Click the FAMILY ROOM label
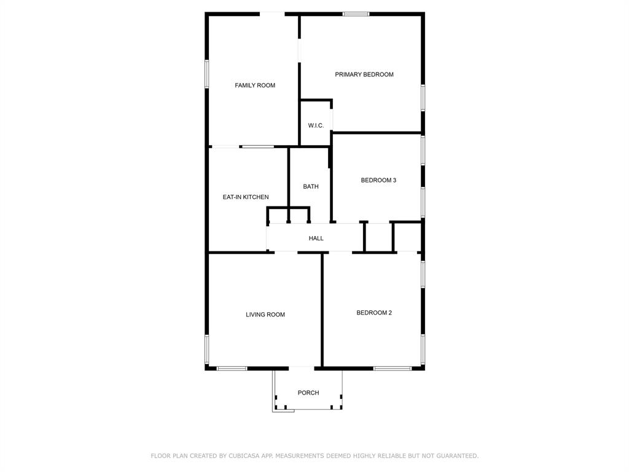pos(255,85)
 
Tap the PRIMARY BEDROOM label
pos(364,74)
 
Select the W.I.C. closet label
pos(316,125)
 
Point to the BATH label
pos(311,186)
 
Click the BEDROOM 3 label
pos(378,180)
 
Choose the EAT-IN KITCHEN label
pos(246,197)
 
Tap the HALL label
pos(316,238)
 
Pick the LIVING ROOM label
pos(265,315)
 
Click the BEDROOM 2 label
pos(374,313)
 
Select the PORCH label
pos(308,393)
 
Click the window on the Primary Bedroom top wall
pos(356,14)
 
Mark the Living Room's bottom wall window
pos(232,368)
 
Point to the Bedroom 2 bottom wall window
pos(393,368)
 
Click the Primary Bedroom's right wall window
pos(423,98)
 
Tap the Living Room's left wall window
pos(207,349)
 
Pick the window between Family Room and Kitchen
pos(257,146)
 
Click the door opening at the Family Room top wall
pos(272,14)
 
